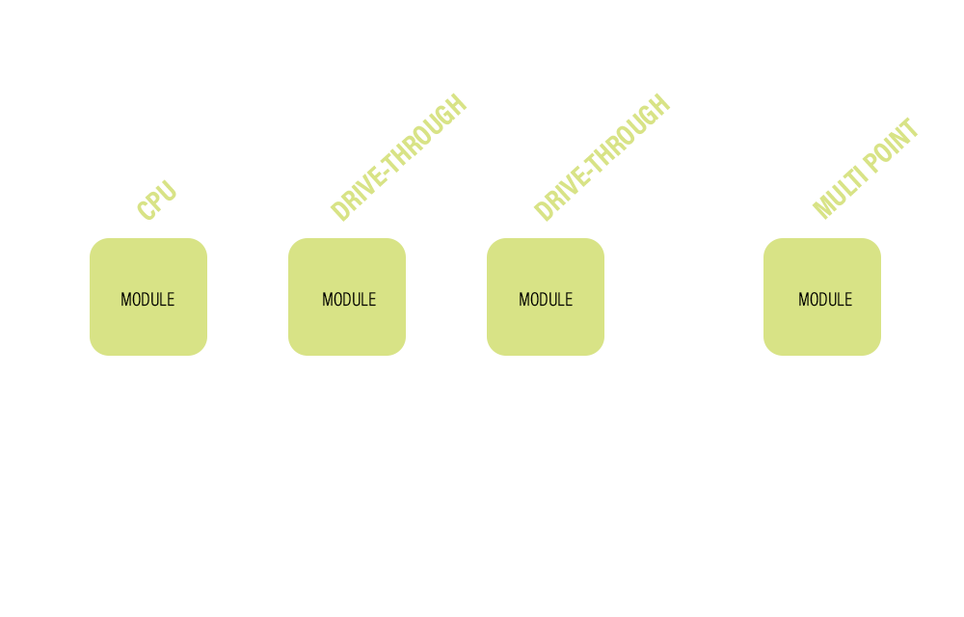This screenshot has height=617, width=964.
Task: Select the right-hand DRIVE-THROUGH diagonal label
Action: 602,158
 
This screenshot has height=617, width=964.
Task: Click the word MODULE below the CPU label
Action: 147,300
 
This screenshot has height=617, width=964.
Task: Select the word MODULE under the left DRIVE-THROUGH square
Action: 349,300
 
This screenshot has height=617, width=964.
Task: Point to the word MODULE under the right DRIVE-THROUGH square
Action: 546,300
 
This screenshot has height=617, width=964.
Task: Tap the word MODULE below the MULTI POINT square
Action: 825,300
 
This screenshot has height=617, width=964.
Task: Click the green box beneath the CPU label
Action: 148,333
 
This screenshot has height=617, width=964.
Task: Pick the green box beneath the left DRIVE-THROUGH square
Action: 347,333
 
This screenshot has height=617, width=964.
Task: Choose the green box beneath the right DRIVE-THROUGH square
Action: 546,333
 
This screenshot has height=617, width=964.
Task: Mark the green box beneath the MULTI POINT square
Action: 822,333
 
